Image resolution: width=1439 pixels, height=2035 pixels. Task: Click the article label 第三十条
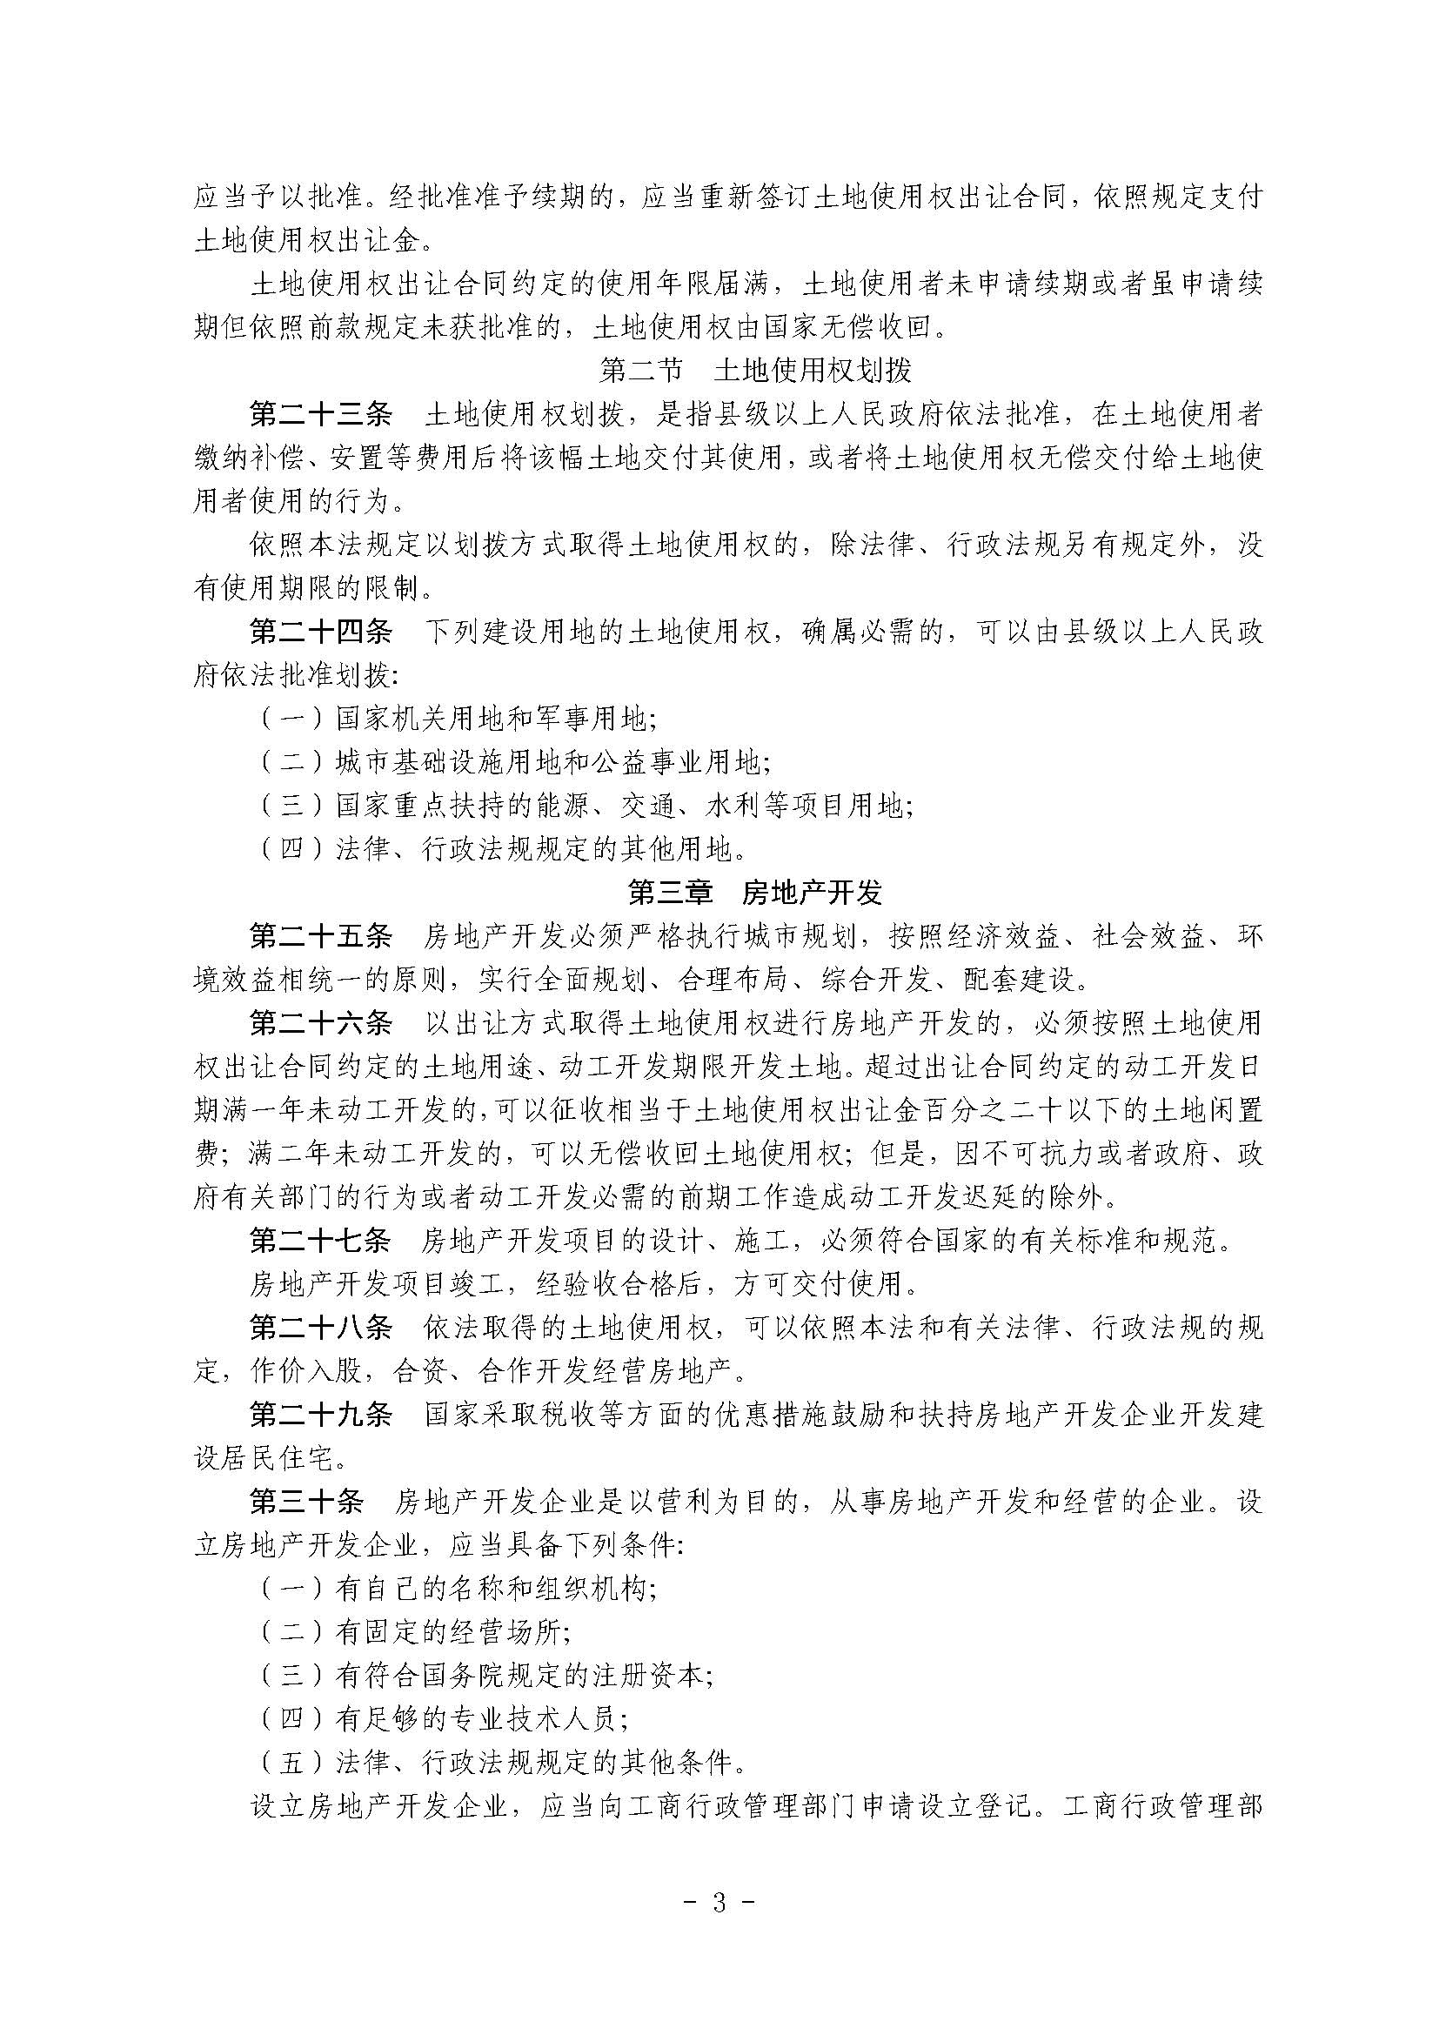pos(305,1502)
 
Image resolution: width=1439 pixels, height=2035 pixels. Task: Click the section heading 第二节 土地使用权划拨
pos(755,371)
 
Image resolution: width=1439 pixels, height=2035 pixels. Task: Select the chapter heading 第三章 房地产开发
pos(755,893)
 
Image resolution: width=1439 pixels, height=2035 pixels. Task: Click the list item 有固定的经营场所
pos(452,1631)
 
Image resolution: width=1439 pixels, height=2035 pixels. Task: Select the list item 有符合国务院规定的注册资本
pos(523,1675)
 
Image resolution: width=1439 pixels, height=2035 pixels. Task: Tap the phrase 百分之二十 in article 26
pos(1001,1110)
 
